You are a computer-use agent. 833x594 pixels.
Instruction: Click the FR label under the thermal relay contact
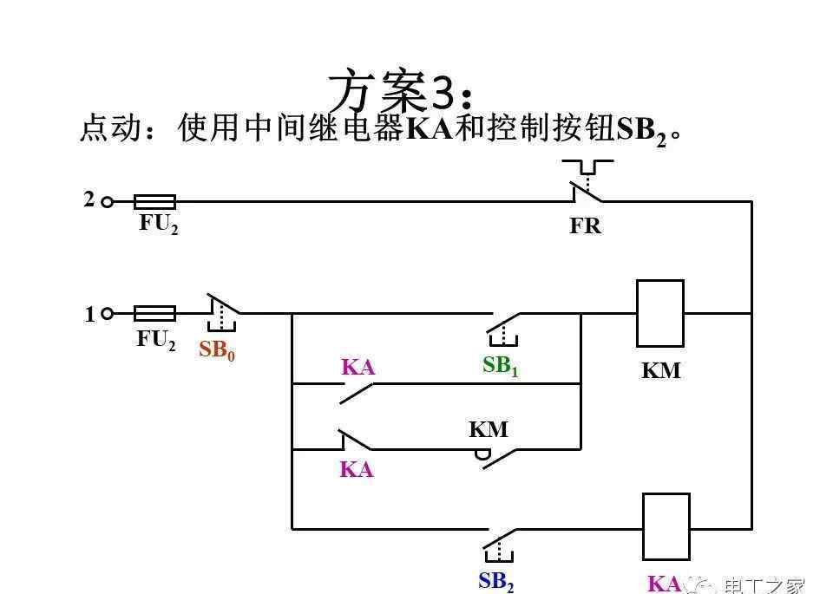585,226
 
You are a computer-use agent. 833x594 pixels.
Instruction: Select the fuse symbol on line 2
154,202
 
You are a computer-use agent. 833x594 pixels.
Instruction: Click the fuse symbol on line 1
154,313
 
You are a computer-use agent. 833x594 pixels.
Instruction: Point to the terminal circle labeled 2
108,202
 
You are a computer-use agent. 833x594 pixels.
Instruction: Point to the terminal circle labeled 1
108,313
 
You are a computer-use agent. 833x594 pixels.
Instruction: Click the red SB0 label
217,350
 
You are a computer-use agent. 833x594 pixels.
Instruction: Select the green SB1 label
500,366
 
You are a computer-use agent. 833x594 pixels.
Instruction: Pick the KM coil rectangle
659,313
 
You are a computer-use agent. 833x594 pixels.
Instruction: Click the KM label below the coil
660,371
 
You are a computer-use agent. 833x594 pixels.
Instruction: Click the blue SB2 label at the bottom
495,582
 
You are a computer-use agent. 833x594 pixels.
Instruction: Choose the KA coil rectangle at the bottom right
666,526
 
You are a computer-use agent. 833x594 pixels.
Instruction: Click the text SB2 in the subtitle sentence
640,129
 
